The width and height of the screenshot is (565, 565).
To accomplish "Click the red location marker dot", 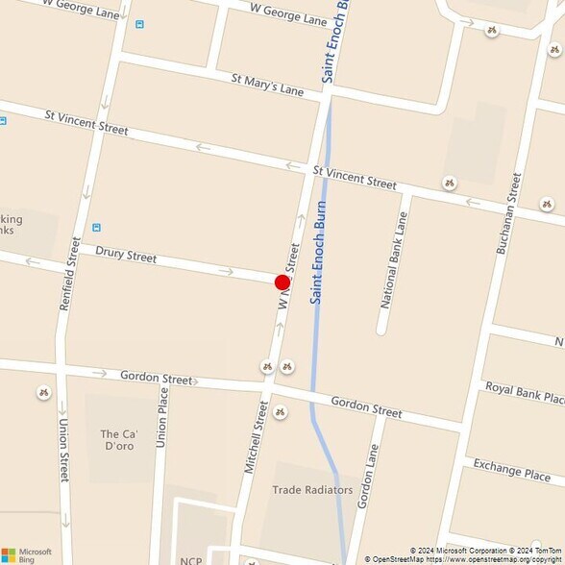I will pyautogui.click(x=282, y=282).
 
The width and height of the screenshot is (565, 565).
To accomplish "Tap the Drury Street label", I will pyautogui.click(x=126, y=256).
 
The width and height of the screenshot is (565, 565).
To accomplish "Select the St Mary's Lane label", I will pyautogui.click(x=267, y=85).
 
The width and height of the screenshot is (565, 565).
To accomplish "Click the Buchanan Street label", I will pyautogui.click(x=508, y=212).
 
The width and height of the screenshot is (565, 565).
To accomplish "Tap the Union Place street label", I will pyautogui.click(x=161, y=417).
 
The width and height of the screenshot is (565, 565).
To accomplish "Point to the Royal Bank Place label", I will pyautogui.click(x=525, y=392).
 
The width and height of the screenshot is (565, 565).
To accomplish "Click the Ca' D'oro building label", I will pyautogui.click(x=124, y=440).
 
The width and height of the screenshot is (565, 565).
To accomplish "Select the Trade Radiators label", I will pyautogui.click(x=312, y=489).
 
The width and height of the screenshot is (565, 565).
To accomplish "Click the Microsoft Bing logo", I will pyautogui.click(x=19, y=553).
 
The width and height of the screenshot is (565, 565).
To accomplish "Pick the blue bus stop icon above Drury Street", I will pyautogui.click(x=96, y=228).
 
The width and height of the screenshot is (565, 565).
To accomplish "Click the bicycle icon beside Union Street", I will pyautogui.click(x=43, y=392).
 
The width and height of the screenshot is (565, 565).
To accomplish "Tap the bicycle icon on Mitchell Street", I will pyautogui.click(x=279, y=412).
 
